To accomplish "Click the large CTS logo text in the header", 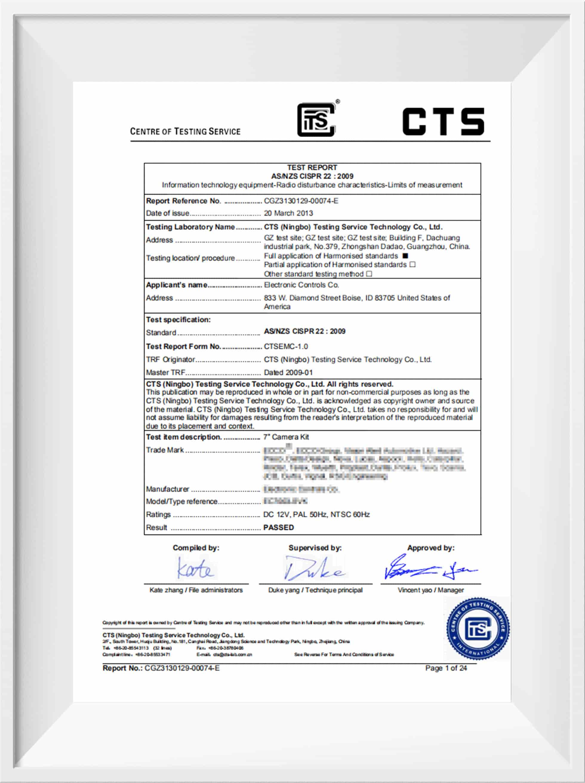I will click(443, 122).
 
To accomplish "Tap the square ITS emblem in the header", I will click(316, 120).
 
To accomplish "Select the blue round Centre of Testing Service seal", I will click(478, 628).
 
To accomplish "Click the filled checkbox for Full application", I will click(405, 256).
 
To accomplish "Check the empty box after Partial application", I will click(412, 264).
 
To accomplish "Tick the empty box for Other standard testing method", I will click(369, 274).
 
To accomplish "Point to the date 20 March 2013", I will click(288, 213).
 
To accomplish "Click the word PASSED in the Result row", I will click(278, 527).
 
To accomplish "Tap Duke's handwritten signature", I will click(314, 568).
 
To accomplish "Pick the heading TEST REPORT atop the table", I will click(312, 168).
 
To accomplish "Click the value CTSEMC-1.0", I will click(286, 346).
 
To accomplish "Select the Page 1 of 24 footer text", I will click(446, 668).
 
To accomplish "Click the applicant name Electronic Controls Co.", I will click(301, 285).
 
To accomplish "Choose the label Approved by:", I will click(430, 548).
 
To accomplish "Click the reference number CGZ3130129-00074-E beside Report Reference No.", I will click(301, 201).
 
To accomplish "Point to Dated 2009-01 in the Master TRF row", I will click(288, 372).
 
